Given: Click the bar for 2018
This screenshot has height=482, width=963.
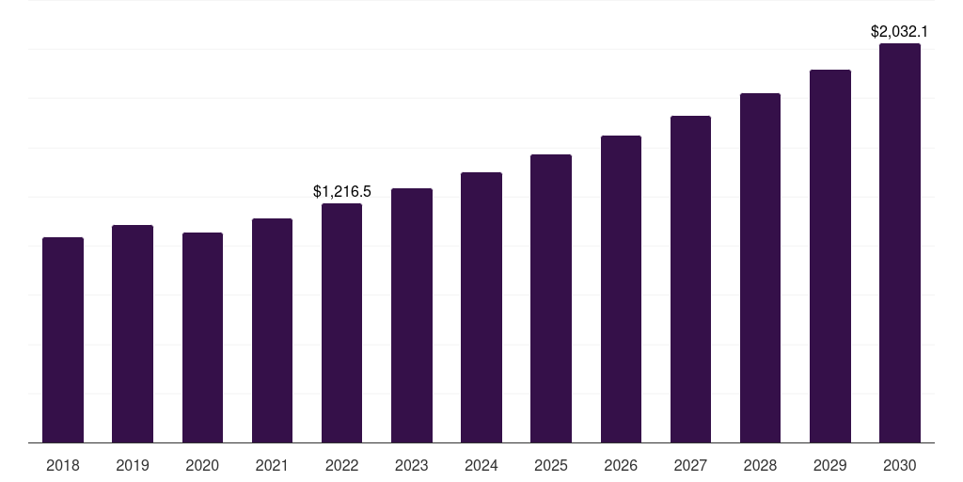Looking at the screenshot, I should click(63, 340).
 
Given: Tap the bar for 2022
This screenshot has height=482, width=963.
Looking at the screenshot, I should click(341, 323).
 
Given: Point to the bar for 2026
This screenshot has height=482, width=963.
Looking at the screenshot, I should click(621, 289).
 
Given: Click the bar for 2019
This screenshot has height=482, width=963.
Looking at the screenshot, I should click(133, 333).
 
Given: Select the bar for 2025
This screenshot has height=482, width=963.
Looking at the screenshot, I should click(551, 298).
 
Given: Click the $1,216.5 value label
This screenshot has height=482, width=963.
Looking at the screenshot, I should click(342, 192).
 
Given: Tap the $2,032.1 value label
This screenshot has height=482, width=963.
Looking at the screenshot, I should click(900, 32).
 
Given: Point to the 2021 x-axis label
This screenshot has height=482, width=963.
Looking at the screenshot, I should click(272, 465).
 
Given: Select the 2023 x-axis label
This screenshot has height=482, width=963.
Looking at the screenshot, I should click(412, 465).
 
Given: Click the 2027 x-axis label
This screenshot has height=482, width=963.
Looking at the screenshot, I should click(690, 465).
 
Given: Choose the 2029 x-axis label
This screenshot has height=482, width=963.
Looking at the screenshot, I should click(830, 465).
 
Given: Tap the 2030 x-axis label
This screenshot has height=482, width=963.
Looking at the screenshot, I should click(900, 465).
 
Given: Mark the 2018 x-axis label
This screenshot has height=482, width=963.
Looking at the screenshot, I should click(63, 465).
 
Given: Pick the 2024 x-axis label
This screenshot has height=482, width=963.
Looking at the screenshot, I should click(481, 465).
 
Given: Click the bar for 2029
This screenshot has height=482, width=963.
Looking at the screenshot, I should click(830, 256).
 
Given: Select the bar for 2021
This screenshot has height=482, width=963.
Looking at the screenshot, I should click(272, 330).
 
